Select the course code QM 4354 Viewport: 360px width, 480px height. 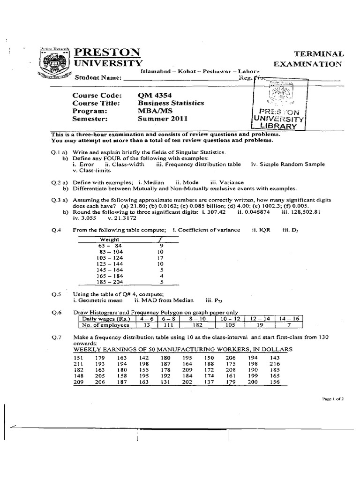click(x=152, y=96)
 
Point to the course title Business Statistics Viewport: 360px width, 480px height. click(x=171, y=103)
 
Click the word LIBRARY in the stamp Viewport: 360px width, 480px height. click(x=280, y=126)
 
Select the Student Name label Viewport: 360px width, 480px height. click(x=97, y=78)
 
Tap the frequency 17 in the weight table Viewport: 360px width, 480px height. click(x=160, y=258)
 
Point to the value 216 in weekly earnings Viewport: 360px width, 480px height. click(x=275, y=363)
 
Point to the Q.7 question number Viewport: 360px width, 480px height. click(x=56, y=337)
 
